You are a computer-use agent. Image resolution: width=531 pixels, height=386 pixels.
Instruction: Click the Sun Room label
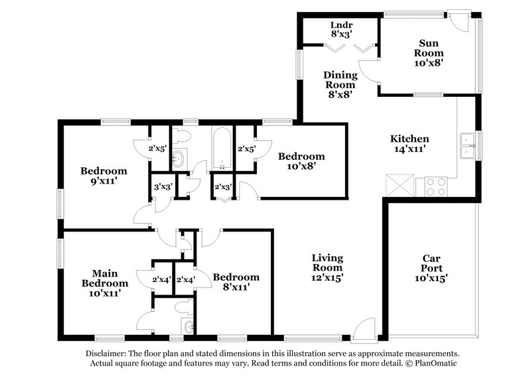(428, 52)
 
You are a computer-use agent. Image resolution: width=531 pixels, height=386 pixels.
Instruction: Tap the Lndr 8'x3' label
(341, 29)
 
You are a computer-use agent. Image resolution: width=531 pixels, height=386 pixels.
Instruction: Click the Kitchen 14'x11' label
(409, 144)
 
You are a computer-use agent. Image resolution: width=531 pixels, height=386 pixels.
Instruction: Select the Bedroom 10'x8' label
(301, 161)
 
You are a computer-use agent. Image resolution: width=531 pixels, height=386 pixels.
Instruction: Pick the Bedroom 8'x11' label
(236, 282)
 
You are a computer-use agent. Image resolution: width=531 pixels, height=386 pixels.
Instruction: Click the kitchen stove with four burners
(437, 186)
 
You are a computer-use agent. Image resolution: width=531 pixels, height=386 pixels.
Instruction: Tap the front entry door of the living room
(364, 330)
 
